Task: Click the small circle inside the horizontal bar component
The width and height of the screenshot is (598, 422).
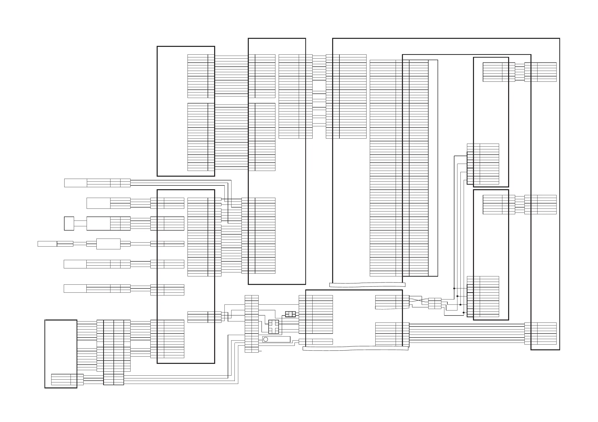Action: [265, 339]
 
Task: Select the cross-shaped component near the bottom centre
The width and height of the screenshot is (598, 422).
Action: [273, 327]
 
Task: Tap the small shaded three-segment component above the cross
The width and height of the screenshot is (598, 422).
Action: [290, 314]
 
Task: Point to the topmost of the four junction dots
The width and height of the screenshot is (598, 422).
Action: [454, 288]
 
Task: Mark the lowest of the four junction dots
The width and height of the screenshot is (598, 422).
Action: [464, 312]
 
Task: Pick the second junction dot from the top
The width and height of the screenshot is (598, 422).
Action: [457, 296]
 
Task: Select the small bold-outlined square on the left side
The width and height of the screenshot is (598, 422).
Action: [69, 223]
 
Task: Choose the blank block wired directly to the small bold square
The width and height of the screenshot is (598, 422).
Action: [98, 223]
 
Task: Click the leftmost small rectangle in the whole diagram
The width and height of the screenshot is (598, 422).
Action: [47, 244]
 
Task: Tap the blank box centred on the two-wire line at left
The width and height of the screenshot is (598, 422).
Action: [108, 244]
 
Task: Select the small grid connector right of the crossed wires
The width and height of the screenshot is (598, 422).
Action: [435, 303]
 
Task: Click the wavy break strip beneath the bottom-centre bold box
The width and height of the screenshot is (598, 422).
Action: [355, 349]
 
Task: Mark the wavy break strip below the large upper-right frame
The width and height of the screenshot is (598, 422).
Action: [367, 285]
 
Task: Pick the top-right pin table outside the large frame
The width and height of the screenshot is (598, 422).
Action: [541, 72]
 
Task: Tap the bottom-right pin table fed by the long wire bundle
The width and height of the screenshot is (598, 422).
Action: [541, 334]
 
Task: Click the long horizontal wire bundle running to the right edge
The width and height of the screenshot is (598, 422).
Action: [466, 334]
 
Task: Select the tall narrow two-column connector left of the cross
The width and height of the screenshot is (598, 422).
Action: [252, 324]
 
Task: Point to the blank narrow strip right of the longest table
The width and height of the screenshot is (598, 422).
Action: [433, 168]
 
